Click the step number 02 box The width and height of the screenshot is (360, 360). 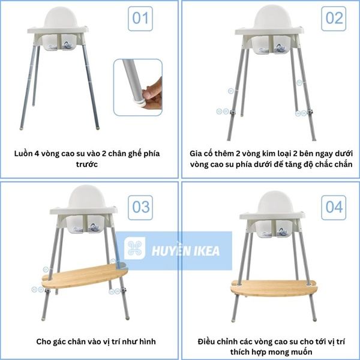334,19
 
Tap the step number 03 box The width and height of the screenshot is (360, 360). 141,207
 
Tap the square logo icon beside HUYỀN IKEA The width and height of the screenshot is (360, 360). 135,250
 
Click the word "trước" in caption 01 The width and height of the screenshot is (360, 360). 88,163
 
